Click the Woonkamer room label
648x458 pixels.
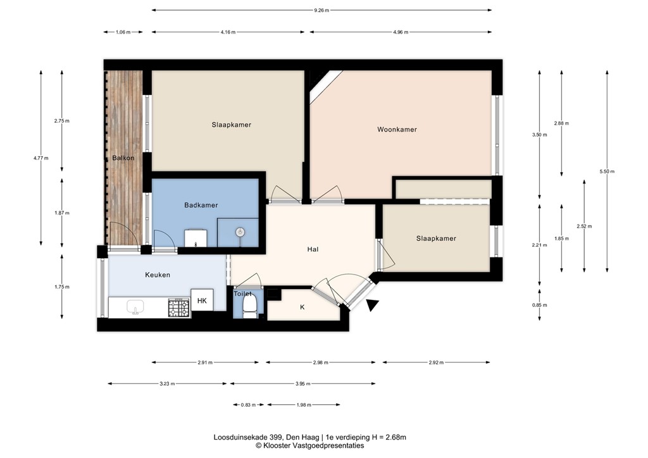pyautogui.click(x=397, y=129)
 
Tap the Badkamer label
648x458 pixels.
pyautogui.click(x=201, y=205)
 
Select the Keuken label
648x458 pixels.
pyautogui.click(x=158, y=275)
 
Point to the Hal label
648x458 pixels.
pyautogui.click(x=313, y=249)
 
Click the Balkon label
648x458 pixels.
pyautogui.click(x=123, y=158)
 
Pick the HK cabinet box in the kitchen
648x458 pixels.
pyautogui.click(x=202, y=300)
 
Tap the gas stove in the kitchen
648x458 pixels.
pyautogui.click(x=179, y=307)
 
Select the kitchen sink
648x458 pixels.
pyautogui.click(x=135, y=307)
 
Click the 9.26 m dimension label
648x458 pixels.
pyautogui.click(x=321, y=10)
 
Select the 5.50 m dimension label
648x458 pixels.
pyautogui.click(x=607, y=171)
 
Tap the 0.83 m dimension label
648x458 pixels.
pyautogui.click(x=248, y=405)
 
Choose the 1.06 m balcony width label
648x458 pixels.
pyautogui.click(x=123, y=32)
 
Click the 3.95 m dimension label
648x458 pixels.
pyautogui.click(x=303, y=383)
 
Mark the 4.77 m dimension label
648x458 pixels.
pyautogui.click(x=41, y=158)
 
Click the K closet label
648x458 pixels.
pyautogui.click(x=302, y=307)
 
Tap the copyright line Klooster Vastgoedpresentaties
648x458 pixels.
pyautogui.click(x=310, y=445)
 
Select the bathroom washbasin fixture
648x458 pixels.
pyautogui.click(x=196, y=238)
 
